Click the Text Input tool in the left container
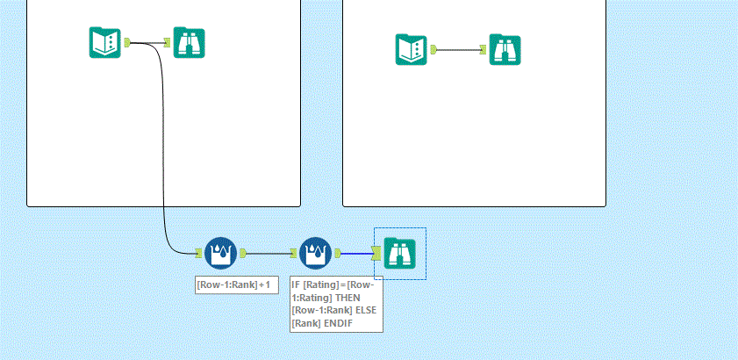pos(104,42)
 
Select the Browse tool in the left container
pos(189,42)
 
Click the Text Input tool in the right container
pos(411,49)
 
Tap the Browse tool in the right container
pos(505,50)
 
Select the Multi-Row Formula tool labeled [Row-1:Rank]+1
pos(220,253)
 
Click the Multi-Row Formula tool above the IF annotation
pos(315,253)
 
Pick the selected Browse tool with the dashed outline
pos(400,253)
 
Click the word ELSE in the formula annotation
pos(366,310)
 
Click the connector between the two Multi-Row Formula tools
pos(269,253)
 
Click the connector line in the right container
pos(460,50)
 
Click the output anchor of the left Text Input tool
pos(127,42)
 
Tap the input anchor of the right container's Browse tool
pos(484,50)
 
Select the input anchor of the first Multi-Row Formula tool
pos(199,253)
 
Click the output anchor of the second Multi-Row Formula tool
pos(337,253)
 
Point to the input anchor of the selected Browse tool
pos(376,253)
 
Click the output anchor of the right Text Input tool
pos(433,50)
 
